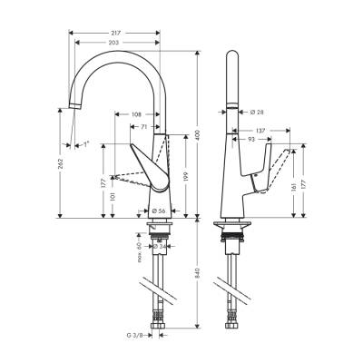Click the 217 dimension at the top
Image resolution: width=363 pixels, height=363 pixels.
[115, 33]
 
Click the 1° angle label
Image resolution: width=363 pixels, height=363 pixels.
[85, 143]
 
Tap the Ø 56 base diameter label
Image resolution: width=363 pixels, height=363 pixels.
[158, 211]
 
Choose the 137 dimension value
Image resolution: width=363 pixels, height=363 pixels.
[260, 130]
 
